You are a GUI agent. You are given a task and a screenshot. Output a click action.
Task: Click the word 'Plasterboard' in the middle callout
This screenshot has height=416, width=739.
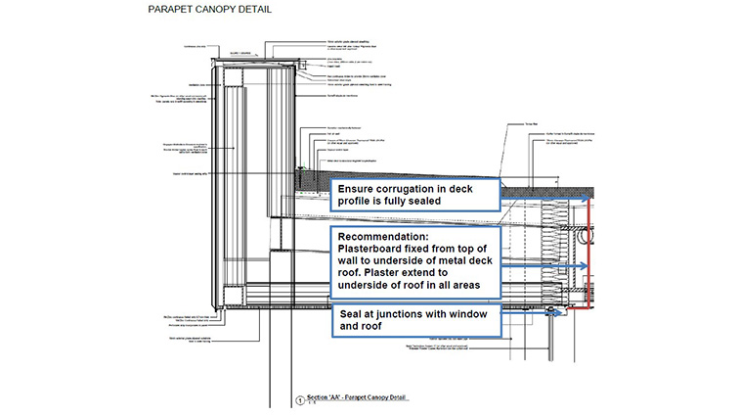(376, 251)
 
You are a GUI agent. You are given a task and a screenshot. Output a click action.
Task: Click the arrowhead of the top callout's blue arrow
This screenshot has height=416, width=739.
(587, 197)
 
